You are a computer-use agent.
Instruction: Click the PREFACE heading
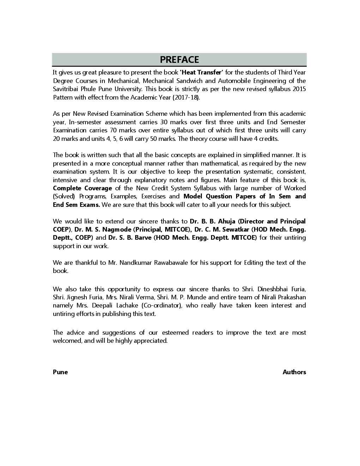click(179, 59)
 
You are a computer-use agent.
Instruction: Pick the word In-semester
click(84, 122)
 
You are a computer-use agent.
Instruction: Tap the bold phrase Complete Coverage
click(82, 188)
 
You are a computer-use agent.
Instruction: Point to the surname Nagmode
click(116, 229)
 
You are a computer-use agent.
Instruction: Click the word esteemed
click(175, 333)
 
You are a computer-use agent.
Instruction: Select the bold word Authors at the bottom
click(294, 372)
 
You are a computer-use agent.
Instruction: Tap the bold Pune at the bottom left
click(60, 372)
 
